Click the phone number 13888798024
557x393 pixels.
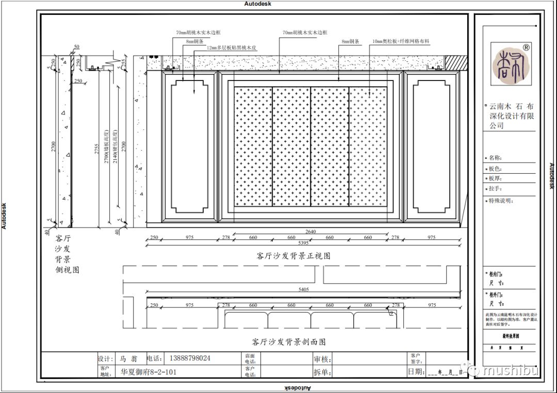coord(187,358)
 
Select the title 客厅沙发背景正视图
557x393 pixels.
coord(293,256)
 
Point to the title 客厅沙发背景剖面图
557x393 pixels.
coord(289,341)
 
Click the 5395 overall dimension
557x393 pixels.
coord(304,242)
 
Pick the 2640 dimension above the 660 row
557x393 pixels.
coord(310,231)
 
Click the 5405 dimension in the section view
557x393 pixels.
coord(304,290)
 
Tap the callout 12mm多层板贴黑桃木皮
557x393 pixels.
coord(232,47)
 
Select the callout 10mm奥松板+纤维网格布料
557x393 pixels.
coord(401,41)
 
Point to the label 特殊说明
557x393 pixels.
coord(501,201)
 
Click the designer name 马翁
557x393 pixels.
coord(126,358)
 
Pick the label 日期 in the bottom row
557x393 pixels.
coord(416,371)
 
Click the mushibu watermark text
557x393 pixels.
coord(510,370)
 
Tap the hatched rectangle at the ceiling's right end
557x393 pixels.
coord(456,62)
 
